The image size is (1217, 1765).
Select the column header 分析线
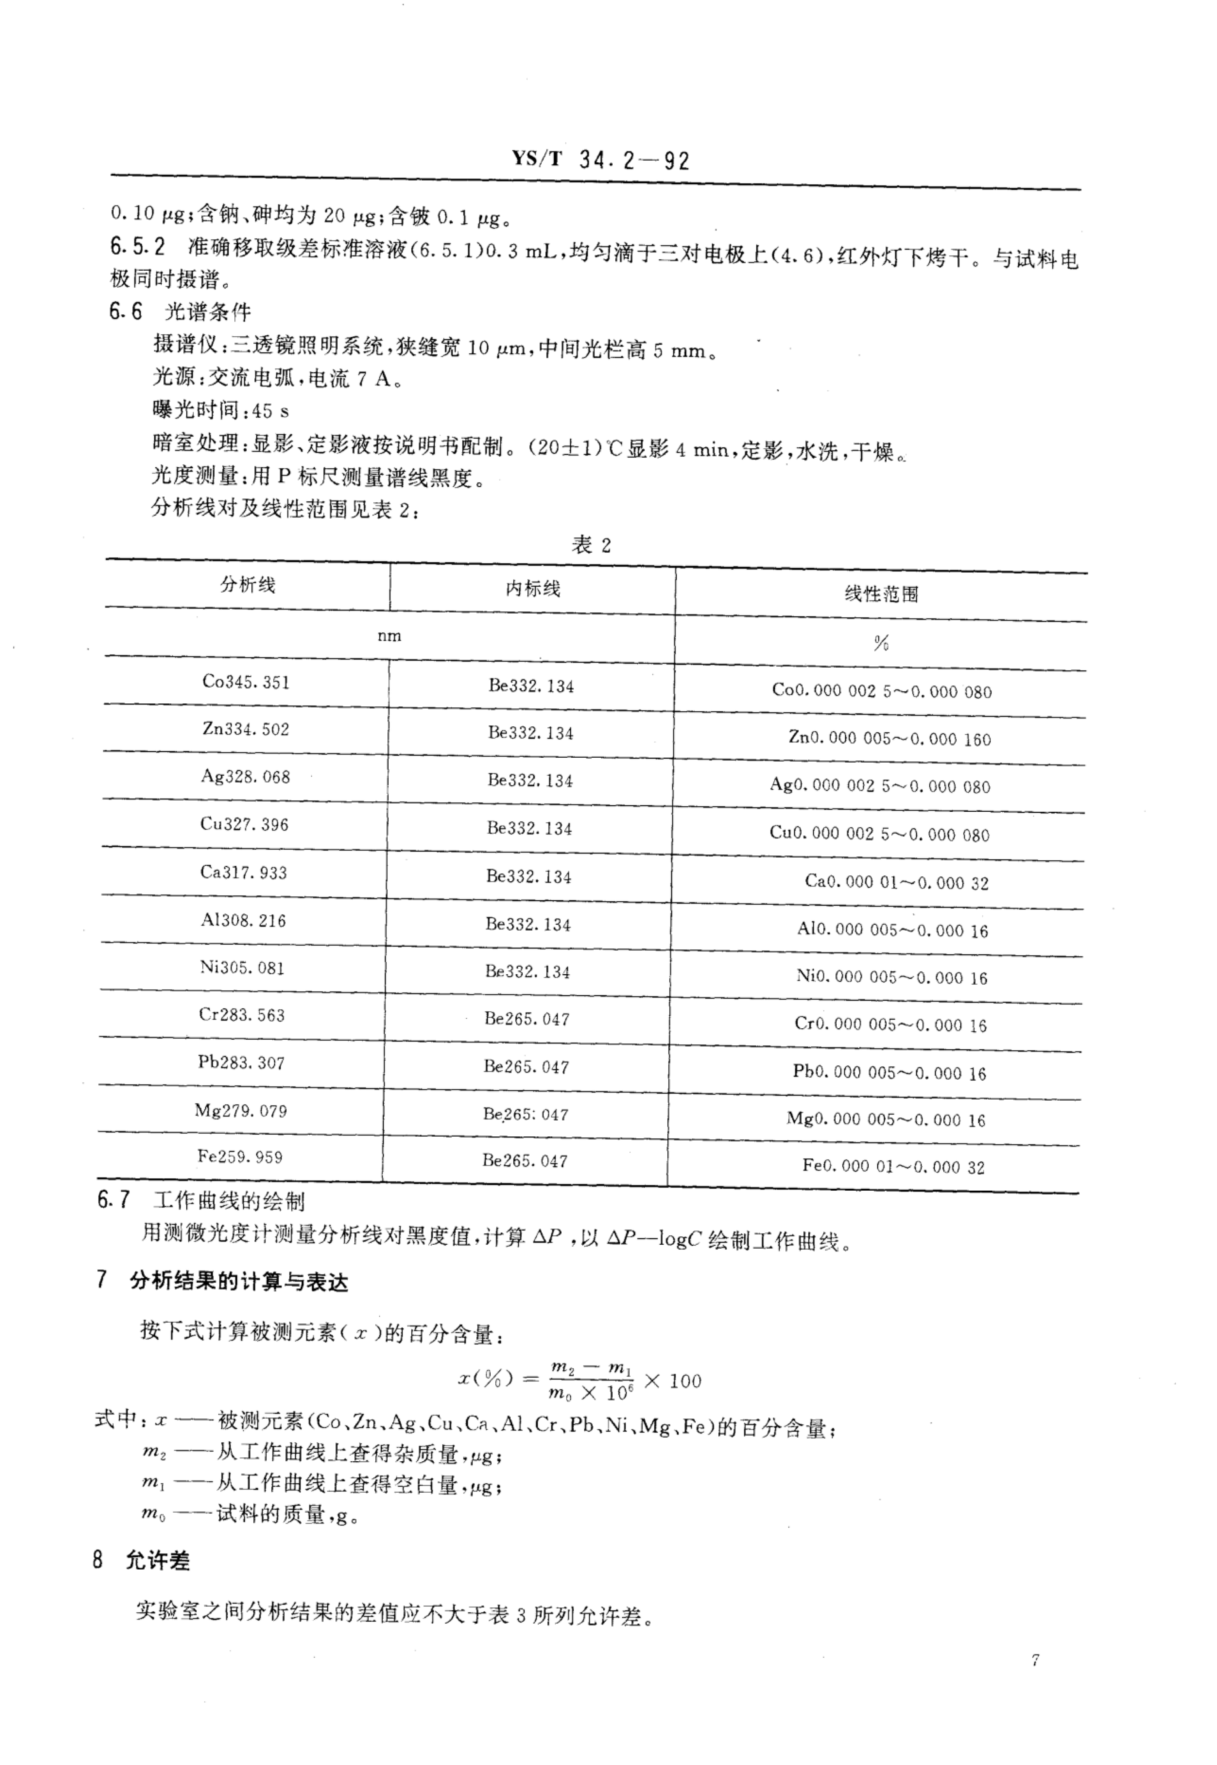[248, 585]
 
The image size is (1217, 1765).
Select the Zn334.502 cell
[246, 729]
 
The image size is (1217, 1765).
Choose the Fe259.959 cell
[240, 1156]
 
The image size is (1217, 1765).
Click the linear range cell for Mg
[886, 1119]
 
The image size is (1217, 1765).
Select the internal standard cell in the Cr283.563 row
[527, 1019]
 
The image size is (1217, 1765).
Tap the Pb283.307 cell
[241, 1063]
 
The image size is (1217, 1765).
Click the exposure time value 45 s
[270, 411]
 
